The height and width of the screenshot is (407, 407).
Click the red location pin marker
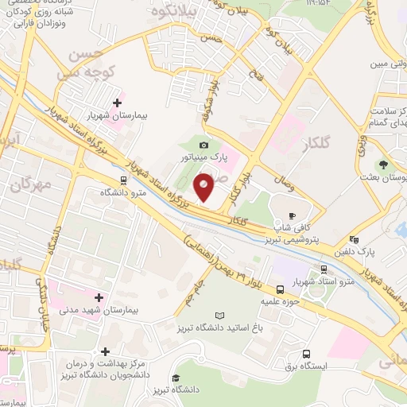(204, 187)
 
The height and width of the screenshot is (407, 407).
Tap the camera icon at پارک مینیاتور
(204, 145)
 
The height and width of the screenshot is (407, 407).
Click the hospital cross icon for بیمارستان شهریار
(118, 103)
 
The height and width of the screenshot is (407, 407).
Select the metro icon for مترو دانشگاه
(122, 180)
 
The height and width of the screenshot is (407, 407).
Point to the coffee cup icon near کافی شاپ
(292, 215)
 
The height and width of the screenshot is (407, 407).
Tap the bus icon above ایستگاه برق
(306, 354)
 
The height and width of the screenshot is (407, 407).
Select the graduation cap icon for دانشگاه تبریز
(177, 378)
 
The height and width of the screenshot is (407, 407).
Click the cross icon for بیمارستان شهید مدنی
(99, 297)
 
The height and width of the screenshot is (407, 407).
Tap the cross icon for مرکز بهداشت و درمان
(104, 351)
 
